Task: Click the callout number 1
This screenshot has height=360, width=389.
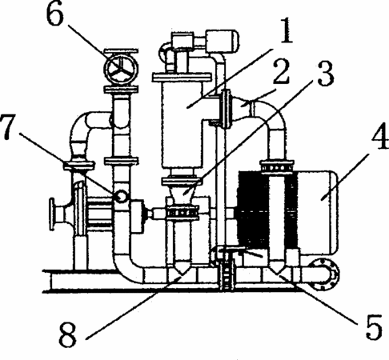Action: point(287,30)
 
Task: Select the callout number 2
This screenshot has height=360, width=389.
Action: point(281,71)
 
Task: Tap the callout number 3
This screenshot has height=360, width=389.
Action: point(325,73)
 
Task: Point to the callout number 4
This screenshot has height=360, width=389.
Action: point(379,135)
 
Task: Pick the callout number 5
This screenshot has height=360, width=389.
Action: point(374,326)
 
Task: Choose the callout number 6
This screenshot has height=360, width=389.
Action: point(55,14)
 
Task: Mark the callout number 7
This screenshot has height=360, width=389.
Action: point(9,127)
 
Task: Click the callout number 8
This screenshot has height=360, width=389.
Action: point(68,333)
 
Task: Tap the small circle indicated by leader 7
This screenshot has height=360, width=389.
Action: point(121,196)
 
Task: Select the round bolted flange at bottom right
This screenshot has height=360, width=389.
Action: point(323,274)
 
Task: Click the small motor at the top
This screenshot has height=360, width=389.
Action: point(222,42)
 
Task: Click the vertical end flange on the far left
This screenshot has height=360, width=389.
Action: point(52,214)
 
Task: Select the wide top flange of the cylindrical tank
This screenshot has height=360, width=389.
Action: point(182,78)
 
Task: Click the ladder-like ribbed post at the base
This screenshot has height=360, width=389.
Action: point(227,274)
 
